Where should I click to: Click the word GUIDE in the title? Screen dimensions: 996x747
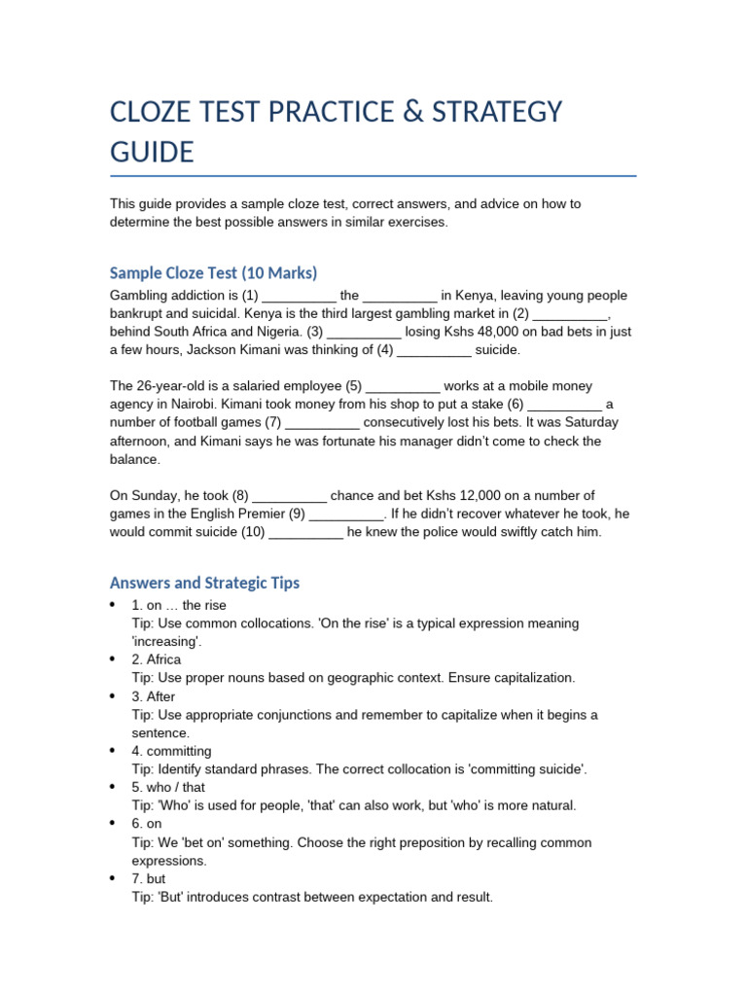click(x=152, y=153)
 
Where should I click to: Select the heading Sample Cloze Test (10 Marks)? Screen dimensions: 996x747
click(x=214, y=272)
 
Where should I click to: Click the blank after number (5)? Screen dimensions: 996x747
click(x=403, y=386)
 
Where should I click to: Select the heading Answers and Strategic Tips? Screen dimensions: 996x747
click(x=205, y=583)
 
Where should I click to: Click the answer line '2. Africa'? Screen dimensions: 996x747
click(x=157, y=659)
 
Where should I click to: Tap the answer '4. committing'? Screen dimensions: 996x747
click(x=171, y=751)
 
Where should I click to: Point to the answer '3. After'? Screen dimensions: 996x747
click(x=154, y=696)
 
